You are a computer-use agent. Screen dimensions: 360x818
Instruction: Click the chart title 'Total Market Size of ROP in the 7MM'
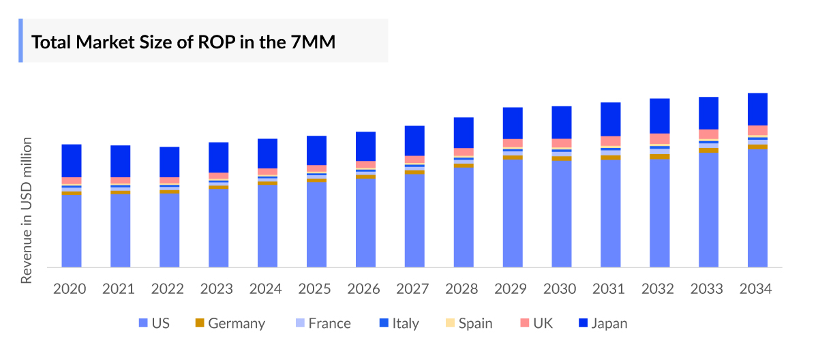pyautogui.click(x=183, y=42)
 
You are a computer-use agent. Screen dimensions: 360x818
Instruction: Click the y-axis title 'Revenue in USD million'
pyautogui.click(x=27, y=211)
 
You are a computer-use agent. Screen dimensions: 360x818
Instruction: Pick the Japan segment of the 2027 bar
pyautogui.click(x=414, y=140)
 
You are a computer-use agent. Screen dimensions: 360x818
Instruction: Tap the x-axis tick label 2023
pyautogui.click(x=216, y=289)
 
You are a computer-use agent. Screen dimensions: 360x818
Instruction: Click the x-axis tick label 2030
pyautogui.click(x=560, y=289)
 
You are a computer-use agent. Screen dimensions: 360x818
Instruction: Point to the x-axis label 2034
pyautogui.click(x=755, y=289)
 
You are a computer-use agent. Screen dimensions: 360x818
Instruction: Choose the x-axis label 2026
pyautogui.click(x=363, y=289)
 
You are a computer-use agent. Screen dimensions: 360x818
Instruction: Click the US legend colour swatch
pyautogui.click(x=142, y=323)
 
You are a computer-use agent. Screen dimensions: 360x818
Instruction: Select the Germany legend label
pyautogui.click(x=237, y=323)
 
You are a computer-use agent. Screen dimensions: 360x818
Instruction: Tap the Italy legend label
pyautogui.click(x=406, y=323)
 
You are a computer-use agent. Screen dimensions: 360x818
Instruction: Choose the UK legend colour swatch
pyautogui.click(x=525, y=323)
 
